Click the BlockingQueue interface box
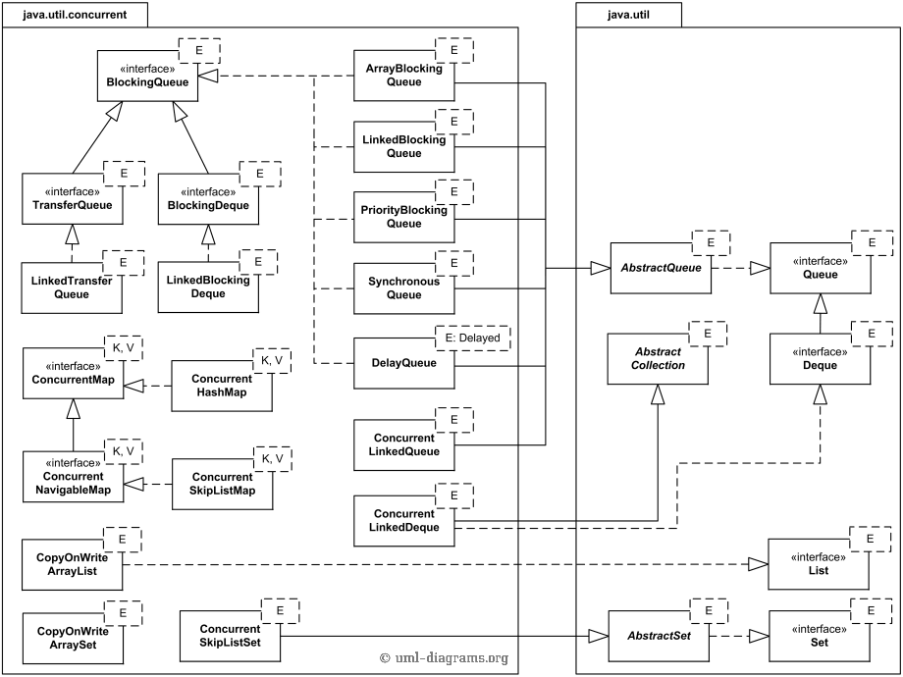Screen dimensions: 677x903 (147, 77)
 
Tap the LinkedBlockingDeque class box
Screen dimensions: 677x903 (207, 286)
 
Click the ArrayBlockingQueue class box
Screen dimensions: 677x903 (403, 77)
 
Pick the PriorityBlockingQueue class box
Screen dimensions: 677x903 (403, 217)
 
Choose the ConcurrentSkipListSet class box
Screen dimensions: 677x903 (229, 636)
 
